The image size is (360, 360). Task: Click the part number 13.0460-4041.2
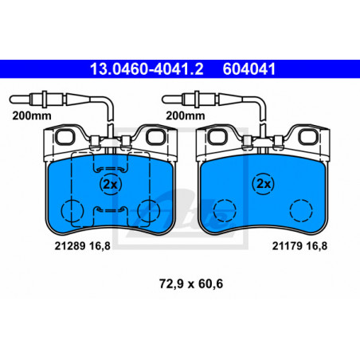click(x=147, y=69)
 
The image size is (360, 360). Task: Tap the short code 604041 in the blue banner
click(x=249, y=69)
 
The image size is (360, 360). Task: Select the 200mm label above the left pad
click(x=32, y=115)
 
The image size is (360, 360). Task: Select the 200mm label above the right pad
click(x=186, y=115)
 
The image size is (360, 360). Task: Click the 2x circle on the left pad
click(x=111, y=184)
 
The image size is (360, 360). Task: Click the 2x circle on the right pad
click(x=264, y=184)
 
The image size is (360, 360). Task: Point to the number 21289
click(x=70, y=246)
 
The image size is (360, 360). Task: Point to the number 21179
click(x=288, y=246)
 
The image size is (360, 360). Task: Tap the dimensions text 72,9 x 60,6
click(x=191, y=284)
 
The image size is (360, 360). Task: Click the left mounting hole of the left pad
click(x=65, y=137)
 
